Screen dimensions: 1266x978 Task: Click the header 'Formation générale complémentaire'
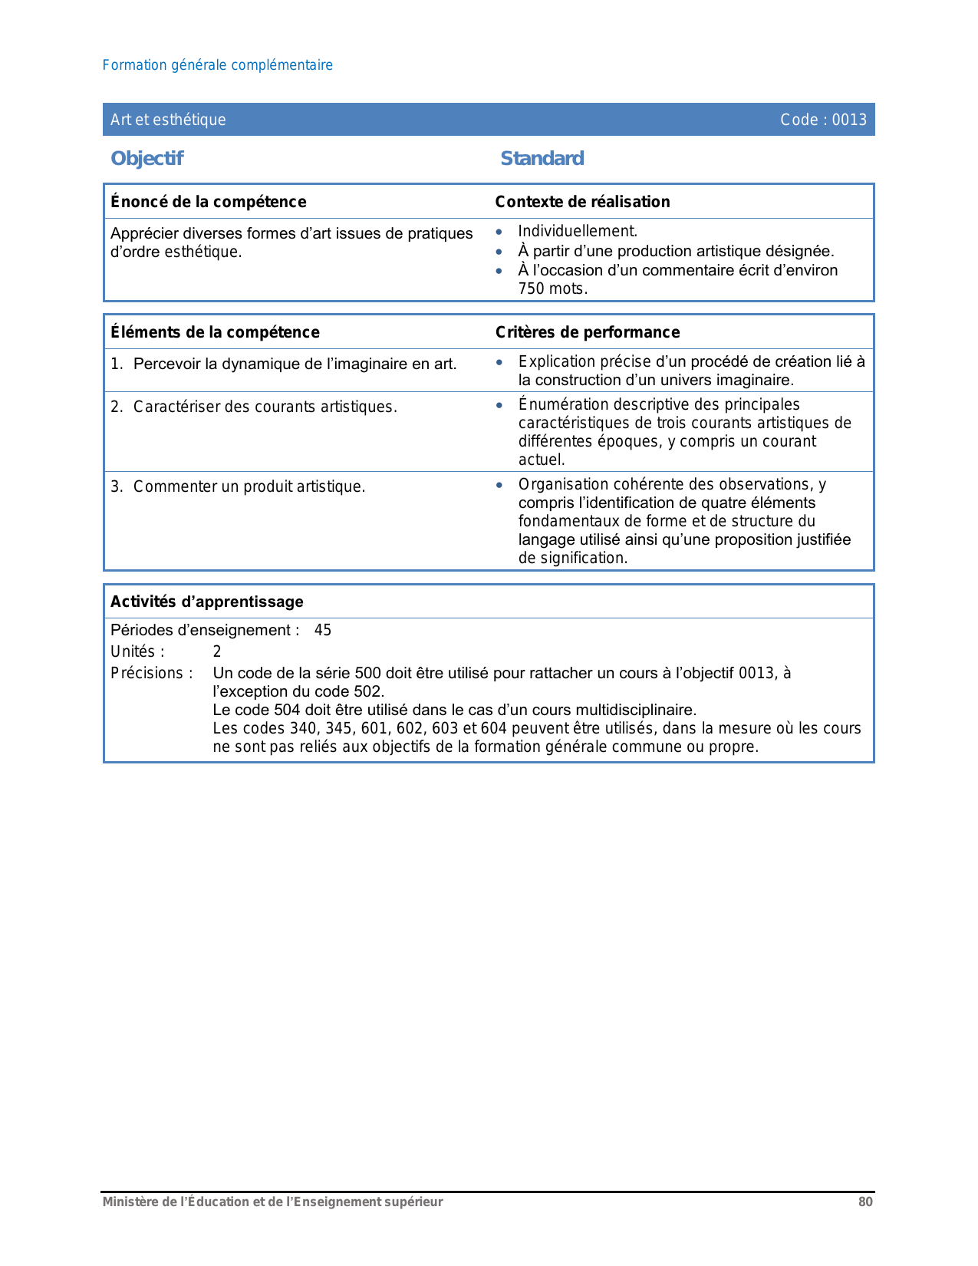[217, 65]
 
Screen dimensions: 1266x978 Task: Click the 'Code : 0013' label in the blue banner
[823, 120]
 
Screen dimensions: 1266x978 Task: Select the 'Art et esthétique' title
[168, 120]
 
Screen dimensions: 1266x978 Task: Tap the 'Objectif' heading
[147, 158]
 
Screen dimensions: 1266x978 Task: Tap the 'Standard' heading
[542, 158]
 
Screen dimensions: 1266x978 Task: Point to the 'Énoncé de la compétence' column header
[208, 202]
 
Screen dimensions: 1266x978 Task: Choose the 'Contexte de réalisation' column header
[582, 202]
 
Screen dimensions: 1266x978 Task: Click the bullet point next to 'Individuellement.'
[499, 232]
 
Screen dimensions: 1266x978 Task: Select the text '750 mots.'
[552, 289]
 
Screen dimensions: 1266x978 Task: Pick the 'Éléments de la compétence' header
[215, 332]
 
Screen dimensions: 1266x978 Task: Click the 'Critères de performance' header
[587, 332]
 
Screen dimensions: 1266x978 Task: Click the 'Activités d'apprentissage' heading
[206, 602]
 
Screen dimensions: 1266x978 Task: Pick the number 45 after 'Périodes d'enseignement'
[323, 631]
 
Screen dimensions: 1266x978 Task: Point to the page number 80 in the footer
[865, 1202]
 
